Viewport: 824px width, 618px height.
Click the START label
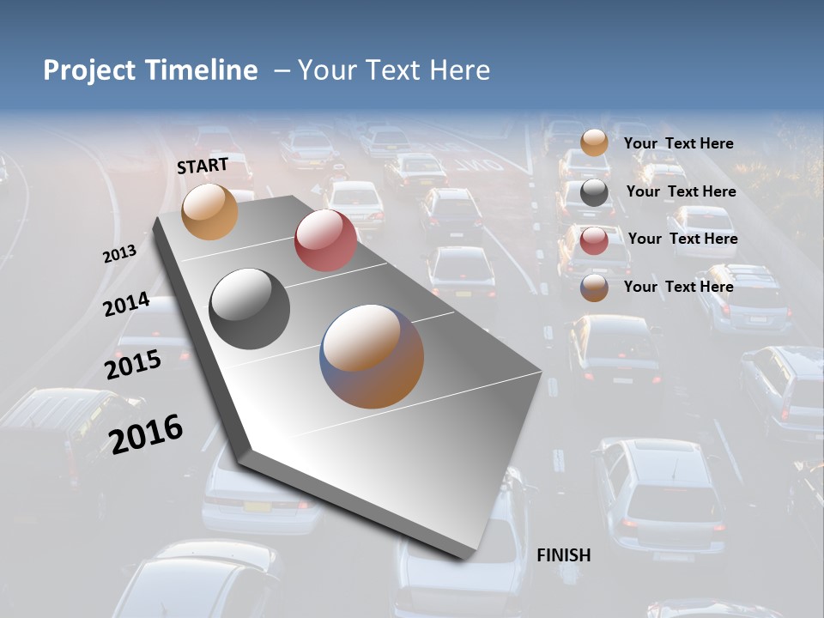tap(203, 166)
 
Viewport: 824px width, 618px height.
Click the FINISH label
tap(564, 555)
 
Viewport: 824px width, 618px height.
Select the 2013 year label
tap(119, 254)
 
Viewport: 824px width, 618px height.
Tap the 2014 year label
tap(127, 305)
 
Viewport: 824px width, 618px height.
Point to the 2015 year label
tap(133, 365)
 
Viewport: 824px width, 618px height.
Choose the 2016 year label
tap(146, 433)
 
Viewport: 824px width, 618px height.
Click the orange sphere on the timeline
tap(209, 211)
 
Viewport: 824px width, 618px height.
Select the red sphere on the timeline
tap(325, 240)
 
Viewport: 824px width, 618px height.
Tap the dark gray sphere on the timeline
tap(250, 309)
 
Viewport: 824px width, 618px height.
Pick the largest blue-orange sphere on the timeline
tap(373, 356)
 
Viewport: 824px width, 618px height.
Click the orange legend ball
tap(594, 143)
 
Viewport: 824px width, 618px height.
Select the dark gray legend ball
tap(594, 192)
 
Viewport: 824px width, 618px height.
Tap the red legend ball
tap(594, 240)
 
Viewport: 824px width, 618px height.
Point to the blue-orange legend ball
tap(594, 288)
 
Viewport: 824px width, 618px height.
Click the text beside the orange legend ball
tap(678, 144)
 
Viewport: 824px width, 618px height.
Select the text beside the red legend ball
tap(682, 239)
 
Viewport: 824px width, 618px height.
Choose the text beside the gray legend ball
tap(681, 191)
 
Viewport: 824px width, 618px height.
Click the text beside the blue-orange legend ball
tap(678, 287)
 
